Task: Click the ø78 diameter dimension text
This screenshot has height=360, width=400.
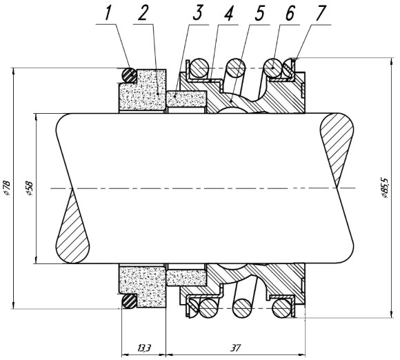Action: tap(7, 187)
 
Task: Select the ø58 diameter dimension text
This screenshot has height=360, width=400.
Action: tap(28, 187)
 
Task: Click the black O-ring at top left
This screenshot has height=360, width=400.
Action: tap(127, 73)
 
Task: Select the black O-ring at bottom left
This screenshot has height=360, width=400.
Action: tap(127, 302)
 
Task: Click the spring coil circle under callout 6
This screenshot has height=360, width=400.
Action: tap(276, 68)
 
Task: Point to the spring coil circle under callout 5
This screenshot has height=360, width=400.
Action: tap(237, 68)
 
